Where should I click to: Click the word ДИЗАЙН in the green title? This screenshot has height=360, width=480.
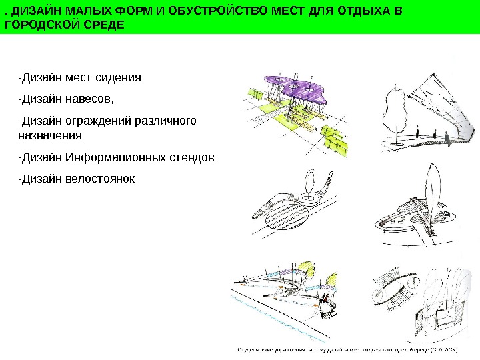coord(32,12)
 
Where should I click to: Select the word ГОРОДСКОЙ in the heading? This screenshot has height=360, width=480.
coord(43,25)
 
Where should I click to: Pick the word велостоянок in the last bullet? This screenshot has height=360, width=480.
coord(100,179)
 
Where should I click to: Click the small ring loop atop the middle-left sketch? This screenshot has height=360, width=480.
coord(311,181)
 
